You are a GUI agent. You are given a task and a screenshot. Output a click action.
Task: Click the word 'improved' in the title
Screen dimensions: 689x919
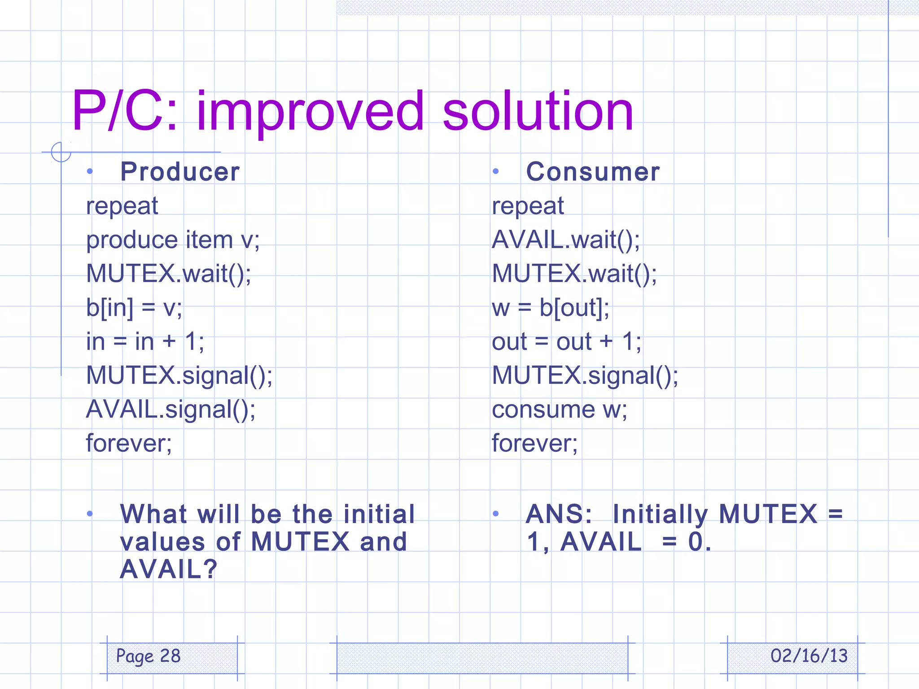(310, 112)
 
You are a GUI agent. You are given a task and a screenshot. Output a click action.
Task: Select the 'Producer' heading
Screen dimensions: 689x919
(180, 172)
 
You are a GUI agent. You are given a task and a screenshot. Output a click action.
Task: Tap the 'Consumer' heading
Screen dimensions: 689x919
(593, 172)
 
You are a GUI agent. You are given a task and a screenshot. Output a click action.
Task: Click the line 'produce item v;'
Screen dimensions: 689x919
(173, 240)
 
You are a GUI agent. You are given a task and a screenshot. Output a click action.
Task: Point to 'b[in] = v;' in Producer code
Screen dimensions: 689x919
(134, 308)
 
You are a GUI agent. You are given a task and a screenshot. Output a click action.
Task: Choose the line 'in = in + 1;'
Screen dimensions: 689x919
(145, 342)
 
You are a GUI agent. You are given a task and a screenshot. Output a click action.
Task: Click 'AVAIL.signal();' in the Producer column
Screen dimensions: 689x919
(171, 410)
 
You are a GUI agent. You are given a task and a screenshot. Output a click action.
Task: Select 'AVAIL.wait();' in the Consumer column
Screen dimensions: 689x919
(566, 240)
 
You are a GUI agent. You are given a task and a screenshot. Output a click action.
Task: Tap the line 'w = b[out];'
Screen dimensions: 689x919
(551, 308)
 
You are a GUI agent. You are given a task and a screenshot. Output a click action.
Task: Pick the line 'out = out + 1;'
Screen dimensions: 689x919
(566, 342)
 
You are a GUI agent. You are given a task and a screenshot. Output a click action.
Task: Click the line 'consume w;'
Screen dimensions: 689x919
(559, 410)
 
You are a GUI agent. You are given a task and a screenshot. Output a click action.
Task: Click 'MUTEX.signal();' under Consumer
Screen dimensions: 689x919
(585, 375)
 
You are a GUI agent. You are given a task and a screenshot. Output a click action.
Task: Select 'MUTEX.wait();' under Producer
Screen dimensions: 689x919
(169, 274)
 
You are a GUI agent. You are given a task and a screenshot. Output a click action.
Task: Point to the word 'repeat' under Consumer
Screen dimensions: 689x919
(528, 206)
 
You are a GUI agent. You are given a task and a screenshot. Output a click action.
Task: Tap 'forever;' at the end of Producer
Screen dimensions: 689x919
(129, 444)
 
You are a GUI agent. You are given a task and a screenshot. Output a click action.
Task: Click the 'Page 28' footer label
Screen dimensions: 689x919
(148, 656)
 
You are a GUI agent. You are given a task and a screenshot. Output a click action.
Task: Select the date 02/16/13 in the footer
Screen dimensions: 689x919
(809, 656)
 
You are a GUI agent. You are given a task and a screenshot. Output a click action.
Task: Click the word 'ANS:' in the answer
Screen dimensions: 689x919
(559, 514)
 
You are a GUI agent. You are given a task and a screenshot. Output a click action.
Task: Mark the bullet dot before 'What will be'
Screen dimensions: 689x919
(90, 514)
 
